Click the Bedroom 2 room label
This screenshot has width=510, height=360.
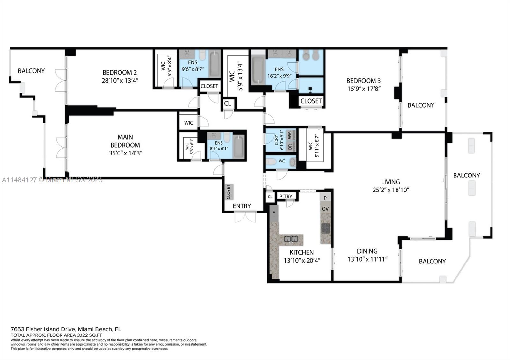pos(120,73)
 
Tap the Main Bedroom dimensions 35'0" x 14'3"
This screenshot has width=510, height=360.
pos(125,153)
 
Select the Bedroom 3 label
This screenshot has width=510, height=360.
pos(363,81)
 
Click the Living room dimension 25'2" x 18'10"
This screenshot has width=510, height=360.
pos(390,190)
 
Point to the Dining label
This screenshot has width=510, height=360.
pos(367,251)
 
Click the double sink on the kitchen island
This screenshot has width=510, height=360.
pos(291,239)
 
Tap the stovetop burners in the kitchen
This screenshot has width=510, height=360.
pos(325,228)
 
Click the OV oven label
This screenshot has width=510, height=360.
pos(325,209)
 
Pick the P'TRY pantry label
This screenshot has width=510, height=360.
pos(286,197)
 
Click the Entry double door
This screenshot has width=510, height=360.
pos(245,218)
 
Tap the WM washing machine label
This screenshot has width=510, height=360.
pos(289,135)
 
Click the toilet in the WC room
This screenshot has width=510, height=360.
pos(271,162)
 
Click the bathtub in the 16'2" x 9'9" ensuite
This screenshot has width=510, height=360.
pos(258,71)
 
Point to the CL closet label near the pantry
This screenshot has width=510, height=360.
pos(270,197)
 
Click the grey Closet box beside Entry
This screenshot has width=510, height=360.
pos(229,192)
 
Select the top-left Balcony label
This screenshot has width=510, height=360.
pos(31,71)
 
